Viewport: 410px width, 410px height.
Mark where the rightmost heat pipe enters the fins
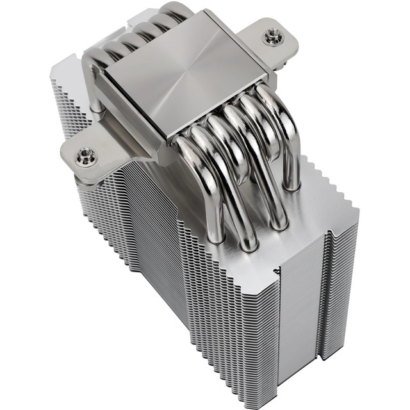[x=291, y=186]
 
